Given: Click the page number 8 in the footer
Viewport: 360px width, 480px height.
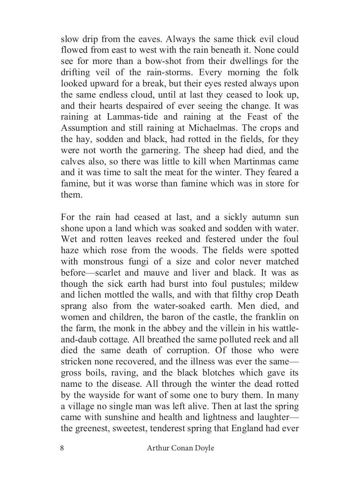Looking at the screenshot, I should coord(62,448).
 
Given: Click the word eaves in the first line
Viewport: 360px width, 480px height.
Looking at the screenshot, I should coord(148,39).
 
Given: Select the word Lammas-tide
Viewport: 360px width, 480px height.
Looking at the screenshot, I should coord(131,117).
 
